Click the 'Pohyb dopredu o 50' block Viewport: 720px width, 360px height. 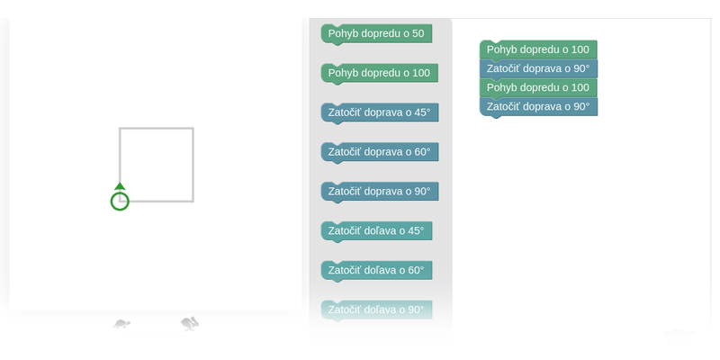376,34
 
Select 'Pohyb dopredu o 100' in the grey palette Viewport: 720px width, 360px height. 379,74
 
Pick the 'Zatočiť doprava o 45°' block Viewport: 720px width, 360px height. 380,113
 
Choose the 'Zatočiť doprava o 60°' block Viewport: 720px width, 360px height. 380,152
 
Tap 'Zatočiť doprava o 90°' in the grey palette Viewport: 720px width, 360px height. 380,192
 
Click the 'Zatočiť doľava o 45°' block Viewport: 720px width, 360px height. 376,231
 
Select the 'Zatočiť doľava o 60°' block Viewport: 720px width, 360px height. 376,271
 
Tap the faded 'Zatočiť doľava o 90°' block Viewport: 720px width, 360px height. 376,310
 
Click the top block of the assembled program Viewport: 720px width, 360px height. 538,49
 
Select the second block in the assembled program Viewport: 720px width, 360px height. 538,69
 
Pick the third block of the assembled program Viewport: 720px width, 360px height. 538,87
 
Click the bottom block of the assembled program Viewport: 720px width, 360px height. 538,107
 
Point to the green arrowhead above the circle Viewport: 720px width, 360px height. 120,186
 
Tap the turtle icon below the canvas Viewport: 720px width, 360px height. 121,324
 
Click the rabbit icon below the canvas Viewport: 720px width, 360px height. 190,324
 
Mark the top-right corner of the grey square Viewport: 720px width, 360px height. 193,128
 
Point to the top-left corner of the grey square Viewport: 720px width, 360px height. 120,128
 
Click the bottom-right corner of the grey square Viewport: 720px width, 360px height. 193,201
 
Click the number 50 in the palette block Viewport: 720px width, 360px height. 418,34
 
